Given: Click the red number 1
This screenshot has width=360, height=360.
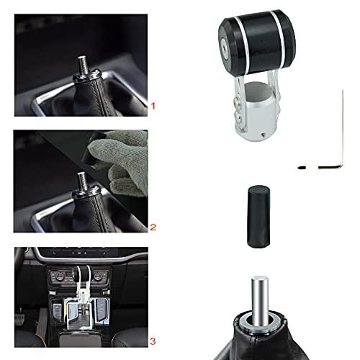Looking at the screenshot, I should (x=152, y=106).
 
